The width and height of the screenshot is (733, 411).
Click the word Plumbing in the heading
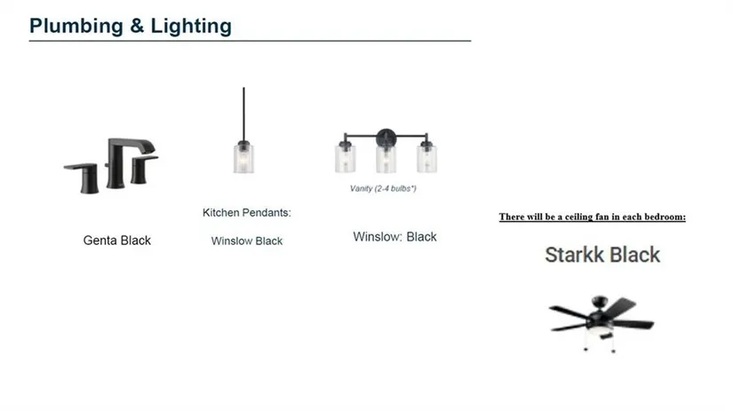76,26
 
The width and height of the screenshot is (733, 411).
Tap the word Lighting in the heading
191,26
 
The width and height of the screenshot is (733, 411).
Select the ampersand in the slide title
137,26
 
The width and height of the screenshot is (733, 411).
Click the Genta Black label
117,240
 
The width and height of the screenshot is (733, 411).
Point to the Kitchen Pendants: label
246,212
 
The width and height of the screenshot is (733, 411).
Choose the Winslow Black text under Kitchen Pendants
246,241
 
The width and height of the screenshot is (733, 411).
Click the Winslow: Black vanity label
394,237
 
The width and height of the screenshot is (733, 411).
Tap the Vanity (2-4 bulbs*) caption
383,188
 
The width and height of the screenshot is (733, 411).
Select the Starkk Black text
602,255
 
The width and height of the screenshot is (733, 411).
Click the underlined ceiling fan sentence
593,217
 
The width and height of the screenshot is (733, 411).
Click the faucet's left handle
84,178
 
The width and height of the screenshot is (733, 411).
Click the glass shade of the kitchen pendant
243,159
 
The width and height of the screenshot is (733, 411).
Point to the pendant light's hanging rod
243,114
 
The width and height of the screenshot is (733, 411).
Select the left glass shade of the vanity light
345,159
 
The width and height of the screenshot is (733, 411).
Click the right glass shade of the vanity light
426,159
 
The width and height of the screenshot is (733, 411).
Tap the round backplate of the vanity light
386,138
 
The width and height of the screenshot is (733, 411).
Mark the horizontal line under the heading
250,41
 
